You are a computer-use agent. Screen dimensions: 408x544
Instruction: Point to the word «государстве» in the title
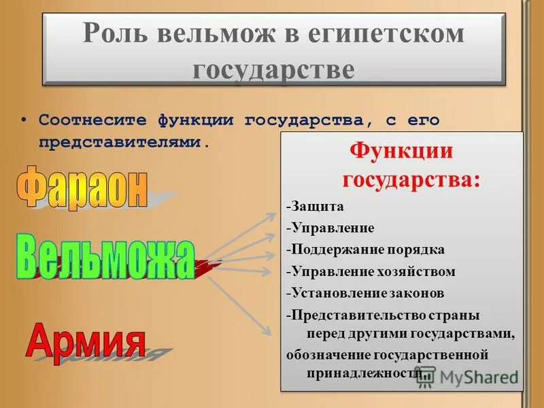(x=273, y=69)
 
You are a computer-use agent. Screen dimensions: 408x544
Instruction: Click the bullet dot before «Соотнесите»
(x=24, y=120)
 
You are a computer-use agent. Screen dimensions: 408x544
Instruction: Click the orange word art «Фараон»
(x=82, y=186)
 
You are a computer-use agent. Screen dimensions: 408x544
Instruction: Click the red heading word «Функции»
(x=401, y=151)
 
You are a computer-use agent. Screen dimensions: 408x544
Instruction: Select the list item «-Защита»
(x=315, y=206)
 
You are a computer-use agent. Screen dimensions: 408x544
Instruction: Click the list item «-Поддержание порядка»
(x=365, y=250)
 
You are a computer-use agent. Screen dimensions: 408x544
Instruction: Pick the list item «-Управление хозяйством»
(x=371, y=271)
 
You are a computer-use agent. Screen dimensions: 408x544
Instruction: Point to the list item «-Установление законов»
(x=365, y=293)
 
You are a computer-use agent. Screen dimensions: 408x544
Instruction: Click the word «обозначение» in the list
(x=329, y=355)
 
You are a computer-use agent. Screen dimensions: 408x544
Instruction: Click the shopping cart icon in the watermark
(x=425, y=378)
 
